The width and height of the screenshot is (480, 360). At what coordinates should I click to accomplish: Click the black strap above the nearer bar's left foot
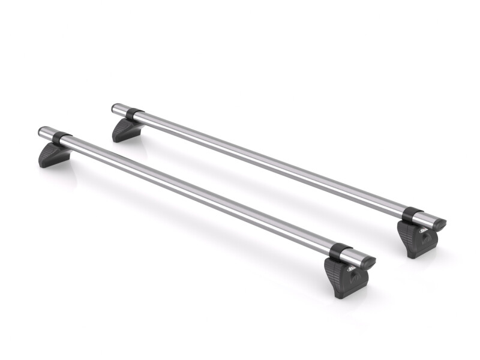pyautogui.click(x=61, y=139)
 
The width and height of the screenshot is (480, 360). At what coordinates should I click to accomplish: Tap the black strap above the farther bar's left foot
pyautogui.click(x=133, y=114)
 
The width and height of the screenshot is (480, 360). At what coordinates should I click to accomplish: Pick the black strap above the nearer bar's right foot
pyautogui.click(x=340, y=252)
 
